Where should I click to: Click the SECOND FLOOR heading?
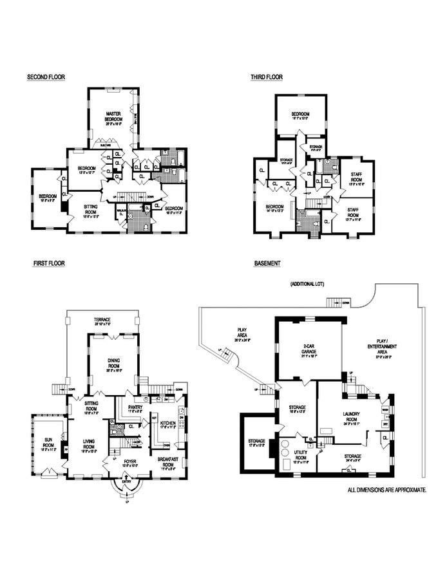click(x=46, y=77)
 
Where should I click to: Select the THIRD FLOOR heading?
click(x=267, y=77)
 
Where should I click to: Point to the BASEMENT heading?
click(x=267, y=263)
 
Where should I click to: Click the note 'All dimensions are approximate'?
click(x=386, y=490)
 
